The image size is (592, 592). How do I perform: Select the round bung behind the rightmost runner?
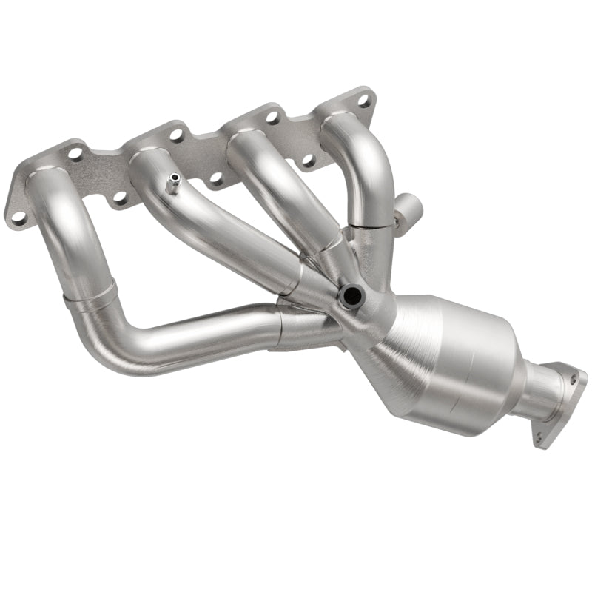click(x=408, y=219)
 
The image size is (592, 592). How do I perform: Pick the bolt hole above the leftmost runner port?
click(x=75, y=154)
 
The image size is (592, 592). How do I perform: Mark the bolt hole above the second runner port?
click(x=176, y=135)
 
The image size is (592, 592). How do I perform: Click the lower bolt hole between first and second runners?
click(x=118, y=198)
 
